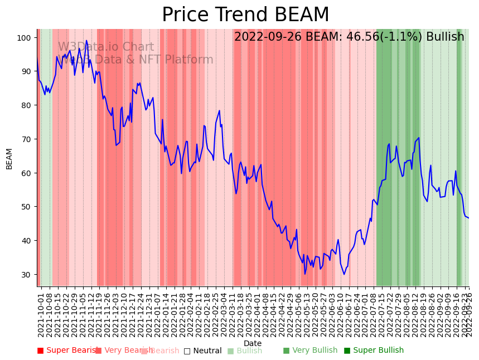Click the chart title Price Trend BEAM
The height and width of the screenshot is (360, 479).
tap(245, 15)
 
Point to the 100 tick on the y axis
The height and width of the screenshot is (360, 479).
tap(26, 37)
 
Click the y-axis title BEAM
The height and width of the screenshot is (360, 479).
tap(9, 158)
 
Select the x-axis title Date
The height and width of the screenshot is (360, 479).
tap(253, 343)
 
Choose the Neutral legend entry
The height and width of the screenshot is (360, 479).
tap(203, 351)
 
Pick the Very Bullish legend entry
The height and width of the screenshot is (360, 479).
tap(310, 351)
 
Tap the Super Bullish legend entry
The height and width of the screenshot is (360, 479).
tap(374, 351)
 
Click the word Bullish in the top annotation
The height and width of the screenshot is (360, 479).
tap(445, 37)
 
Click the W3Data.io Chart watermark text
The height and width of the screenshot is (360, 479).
tap(106, 47)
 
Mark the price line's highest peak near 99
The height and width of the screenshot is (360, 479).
tap(86, 41)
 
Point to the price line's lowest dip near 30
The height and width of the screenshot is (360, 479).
tap(304, 274)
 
